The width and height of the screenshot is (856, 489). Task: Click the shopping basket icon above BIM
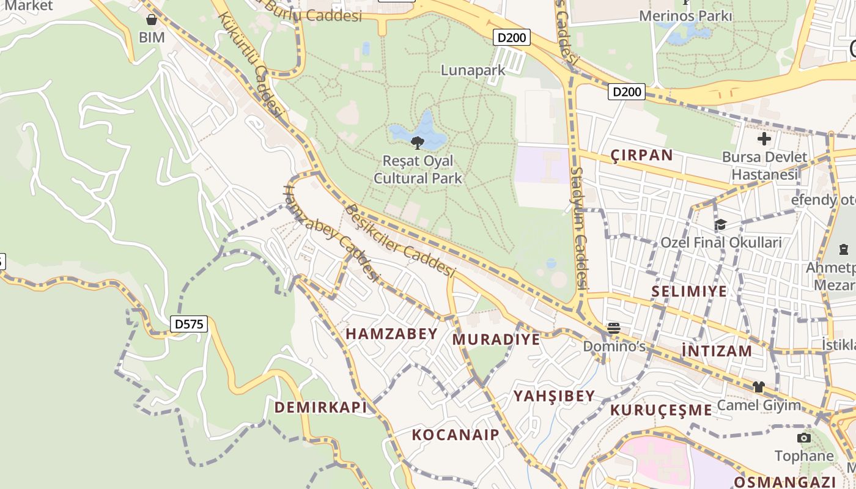coord(152,20)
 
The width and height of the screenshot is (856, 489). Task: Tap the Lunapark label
coord(473,70)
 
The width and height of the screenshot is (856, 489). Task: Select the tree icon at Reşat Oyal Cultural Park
coord(418,143)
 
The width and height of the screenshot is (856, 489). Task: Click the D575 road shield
coord(188,323)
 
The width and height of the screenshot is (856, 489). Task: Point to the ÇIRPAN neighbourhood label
coord(642,155)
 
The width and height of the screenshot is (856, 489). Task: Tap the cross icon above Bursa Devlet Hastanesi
coord(764,139)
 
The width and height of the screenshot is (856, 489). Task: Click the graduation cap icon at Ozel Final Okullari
coord(720,225)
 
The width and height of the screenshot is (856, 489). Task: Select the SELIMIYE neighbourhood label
coord(689,291)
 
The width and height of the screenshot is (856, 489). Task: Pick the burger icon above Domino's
coord(614,329)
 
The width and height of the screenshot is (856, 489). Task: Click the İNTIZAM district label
coord(717,351)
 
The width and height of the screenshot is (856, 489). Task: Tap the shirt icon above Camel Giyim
coord(758,387)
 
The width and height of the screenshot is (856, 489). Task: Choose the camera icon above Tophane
coord(803,438)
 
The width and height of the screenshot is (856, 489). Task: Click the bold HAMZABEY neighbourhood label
coord(392,334)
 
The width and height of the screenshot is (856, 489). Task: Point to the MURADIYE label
coord(496,339)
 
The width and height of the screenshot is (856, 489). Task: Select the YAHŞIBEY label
coord(554,396)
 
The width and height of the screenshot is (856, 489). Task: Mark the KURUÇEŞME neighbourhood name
coord(662,410)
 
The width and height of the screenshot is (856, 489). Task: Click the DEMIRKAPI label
coord(320,408)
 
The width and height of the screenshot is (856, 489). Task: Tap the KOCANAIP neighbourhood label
coord(456,435)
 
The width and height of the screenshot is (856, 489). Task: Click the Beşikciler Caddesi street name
coord(400,240)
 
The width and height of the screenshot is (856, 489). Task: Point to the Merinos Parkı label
coord(685,16)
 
